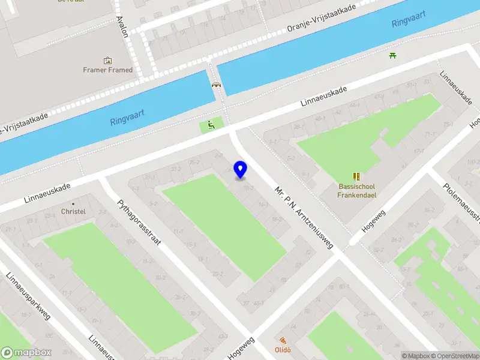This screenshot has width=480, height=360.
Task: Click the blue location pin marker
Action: [240, 169]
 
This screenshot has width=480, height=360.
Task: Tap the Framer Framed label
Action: [108, 70]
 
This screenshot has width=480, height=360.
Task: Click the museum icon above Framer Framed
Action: [108, 60]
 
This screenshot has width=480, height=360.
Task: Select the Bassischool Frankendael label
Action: [357, 190]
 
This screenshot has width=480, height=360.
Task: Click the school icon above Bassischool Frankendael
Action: [357, 176]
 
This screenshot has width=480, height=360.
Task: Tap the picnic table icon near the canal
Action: [393, 56]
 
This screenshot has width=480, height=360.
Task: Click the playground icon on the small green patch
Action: [211, 125]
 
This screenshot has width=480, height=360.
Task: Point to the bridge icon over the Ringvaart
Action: [216, 85]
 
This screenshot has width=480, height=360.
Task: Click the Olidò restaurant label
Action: [283, 350]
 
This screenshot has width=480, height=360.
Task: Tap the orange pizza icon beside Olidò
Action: [283, 340]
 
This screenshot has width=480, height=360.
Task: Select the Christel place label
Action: [73, 211]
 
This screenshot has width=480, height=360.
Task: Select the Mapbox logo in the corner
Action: [26, 352]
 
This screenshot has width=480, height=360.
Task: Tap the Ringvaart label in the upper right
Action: [409, 19]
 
